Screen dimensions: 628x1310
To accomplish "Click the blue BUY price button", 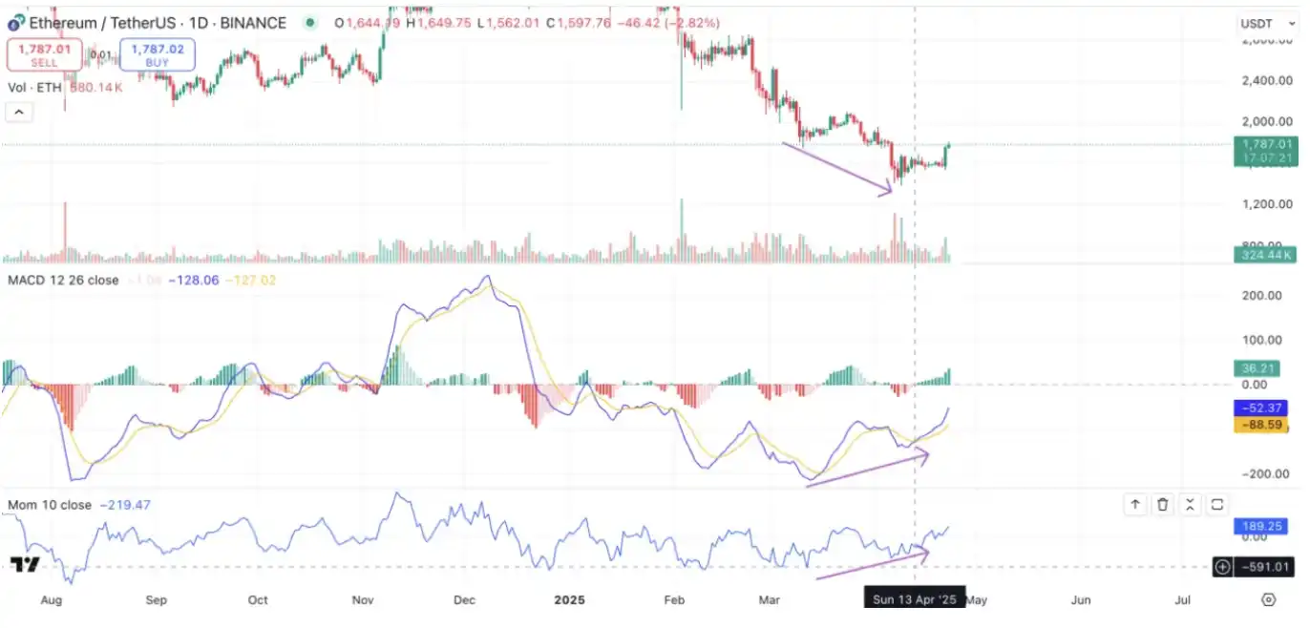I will (x=158, y=54).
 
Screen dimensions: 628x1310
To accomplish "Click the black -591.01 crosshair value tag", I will (x=1266, y=567).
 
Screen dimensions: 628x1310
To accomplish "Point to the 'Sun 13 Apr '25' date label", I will (x=915, y=600).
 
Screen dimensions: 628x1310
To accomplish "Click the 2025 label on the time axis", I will (x=569, y=600).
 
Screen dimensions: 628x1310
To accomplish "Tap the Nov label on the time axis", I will (x=362, y=600).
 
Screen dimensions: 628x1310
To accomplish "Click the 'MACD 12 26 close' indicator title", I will (x=63, y=280).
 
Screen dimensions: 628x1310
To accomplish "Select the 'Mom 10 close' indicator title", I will (x=50, y=505).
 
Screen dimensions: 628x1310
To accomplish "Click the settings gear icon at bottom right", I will (x=1268, y=599).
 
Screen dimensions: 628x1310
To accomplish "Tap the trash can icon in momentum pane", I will (x=1163, y=505).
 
